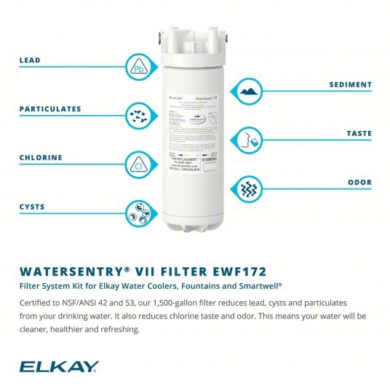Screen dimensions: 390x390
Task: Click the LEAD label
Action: pos(30,60)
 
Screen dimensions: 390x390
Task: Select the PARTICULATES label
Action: pos(49,109)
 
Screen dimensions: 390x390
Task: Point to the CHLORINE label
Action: pos(41,158)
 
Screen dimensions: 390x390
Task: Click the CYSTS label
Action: pos(32,207)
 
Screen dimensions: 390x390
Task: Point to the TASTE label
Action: pos(358,134)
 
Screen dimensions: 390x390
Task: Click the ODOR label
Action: pos(359,183)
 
